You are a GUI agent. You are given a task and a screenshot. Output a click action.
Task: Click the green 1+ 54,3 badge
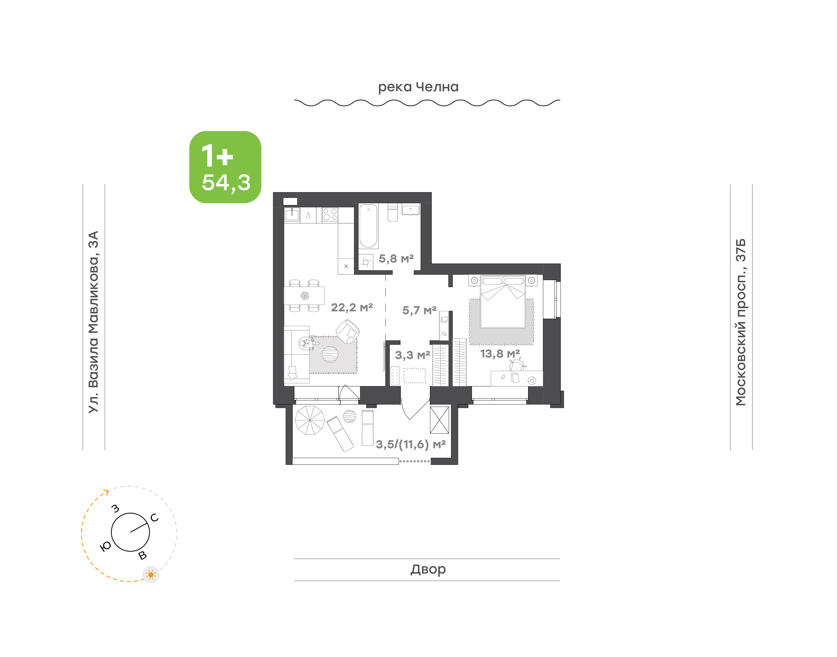225,167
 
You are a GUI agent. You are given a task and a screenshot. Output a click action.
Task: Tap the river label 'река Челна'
418,87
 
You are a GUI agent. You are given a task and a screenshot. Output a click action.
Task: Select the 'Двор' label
428,569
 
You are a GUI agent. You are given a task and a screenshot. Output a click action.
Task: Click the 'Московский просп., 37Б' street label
741,322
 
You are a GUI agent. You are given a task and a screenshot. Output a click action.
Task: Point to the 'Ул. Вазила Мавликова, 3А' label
93,322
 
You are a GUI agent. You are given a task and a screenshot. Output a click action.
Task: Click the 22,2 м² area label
352,307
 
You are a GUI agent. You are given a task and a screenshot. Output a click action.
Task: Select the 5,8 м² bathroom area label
396,258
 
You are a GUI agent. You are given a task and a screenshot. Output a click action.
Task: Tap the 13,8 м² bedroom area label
500,354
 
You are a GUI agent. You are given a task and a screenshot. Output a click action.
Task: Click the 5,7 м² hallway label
419,310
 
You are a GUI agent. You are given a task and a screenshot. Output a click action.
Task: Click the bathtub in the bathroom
368,226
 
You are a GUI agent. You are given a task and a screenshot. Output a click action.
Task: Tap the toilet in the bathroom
393,212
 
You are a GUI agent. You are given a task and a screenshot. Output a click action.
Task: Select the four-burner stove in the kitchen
330,215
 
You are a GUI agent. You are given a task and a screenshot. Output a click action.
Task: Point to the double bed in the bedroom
503,301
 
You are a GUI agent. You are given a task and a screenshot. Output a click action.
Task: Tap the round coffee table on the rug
330,354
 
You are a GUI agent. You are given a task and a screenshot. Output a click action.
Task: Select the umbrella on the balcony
310,420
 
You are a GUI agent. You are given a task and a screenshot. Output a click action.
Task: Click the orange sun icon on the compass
151,575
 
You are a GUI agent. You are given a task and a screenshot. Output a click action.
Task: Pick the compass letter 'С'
155,518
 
